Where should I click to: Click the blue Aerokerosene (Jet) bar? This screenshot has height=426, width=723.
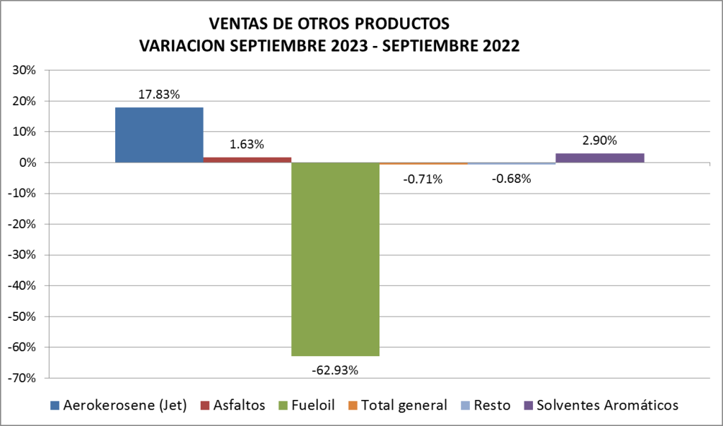point(159,135)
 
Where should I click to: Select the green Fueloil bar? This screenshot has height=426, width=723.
point(335,259)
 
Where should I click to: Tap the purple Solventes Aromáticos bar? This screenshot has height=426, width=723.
point(599,158)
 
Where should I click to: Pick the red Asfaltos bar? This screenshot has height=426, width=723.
point(247,160)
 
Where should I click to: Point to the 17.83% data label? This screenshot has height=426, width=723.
point(159,94)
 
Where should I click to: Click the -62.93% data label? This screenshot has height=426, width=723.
point(335,369)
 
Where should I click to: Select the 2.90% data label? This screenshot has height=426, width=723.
point(599,140)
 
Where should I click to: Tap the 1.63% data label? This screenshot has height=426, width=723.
point(247,144)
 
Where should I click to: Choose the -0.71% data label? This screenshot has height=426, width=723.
point(423,179)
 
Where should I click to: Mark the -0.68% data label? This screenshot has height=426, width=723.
point(511,178)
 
